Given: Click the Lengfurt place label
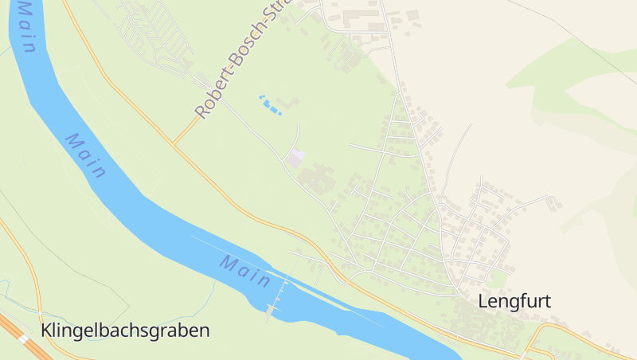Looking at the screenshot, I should pyautogui.click(x=514, y=301).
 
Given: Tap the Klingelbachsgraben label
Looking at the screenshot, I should pyautogui.click(x=125, y=330).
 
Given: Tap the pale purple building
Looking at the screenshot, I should pyautogui.click(x=296, y=158).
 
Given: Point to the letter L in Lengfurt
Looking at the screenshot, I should pyautogui.click(x=483, y=302).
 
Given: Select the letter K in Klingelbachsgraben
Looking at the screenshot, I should pyautogui.click(x=46, y=330).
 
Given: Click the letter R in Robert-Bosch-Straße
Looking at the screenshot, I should pyautogui.click(x=201, y=112).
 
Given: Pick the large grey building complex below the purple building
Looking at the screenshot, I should pyautogui.click(x=317, y=178).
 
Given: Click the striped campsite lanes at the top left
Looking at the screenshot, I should pyautogui.click(x=155, y=32).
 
